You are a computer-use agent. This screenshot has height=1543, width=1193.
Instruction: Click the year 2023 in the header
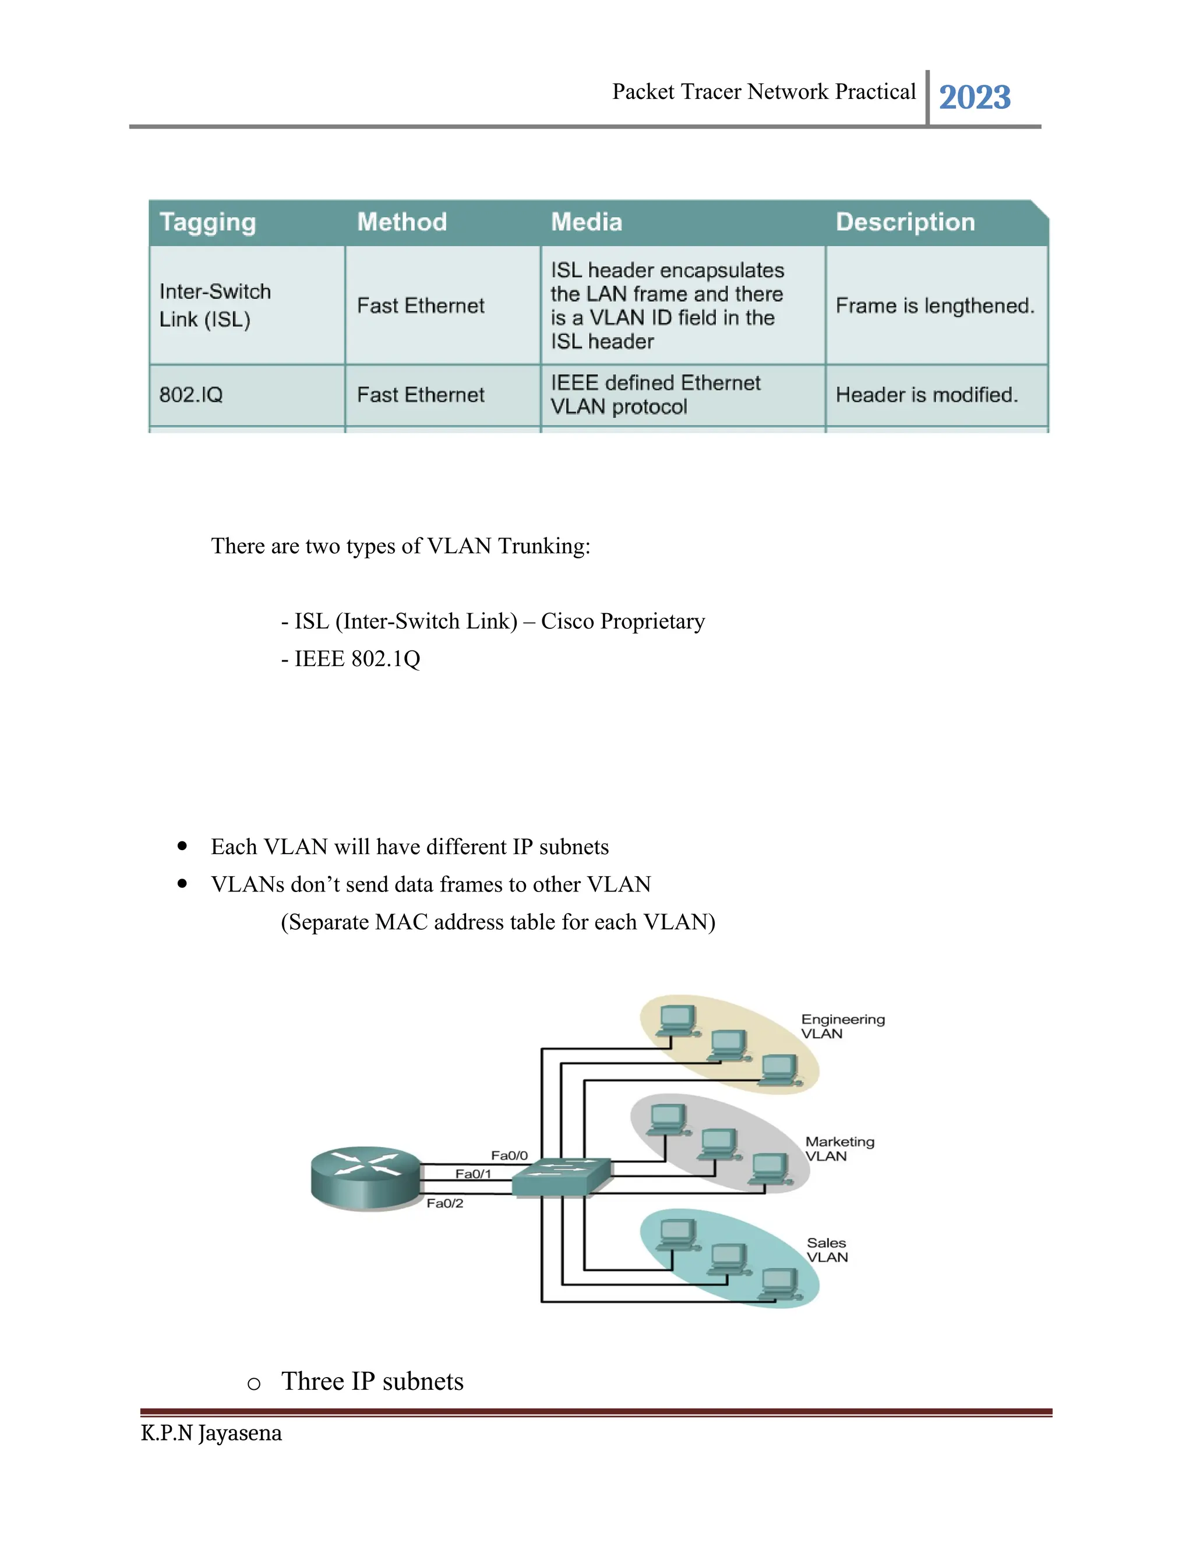[x=975, y=97]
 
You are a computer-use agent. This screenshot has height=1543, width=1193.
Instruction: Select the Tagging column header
[x=208, y=222]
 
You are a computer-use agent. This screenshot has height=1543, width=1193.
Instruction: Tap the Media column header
[x=587, y=222]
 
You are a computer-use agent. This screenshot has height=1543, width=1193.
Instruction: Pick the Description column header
[x=905, y=222]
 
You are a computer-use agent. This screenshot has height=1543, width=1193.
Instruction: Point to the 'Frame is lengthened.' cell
[x=935, y=305]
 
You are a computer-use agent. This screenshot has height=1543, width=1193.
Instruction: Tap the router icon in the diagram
[x=366, y=1178]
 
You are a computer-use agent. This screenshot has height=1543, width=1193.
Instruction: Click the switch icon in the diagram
[x=561, y=1176]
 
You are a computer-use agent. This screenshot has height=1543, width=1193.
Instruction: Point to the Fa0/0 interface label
[x=510, y=1155]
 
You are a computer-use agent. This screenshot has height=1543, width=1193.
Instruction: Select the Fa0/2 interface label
[x=444, y=1203]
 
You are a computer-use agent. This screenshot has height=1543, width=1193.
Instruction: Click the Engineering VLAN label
[x=842, y=1026]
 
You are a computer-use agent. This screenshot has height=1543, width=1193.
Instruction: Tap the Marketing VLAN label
[x=839, y=1149]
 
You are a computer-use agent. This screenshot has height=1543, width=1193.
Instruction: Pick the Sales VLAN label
[x=827, y=1250]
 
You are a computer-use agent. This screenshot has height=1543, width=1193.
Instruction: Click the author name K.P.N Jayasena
[x=211, y=1434]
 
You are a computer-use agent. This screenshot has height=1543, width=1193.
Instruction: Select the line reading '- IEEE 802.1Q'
[x=351, y=659]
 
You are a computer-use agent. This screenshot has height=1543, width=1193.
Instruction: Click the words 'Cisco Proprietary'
[x=623, y=621]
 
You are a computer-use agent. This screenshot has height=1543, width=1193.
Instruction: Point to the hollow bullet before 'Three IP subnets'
[x=254, y=1383]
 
